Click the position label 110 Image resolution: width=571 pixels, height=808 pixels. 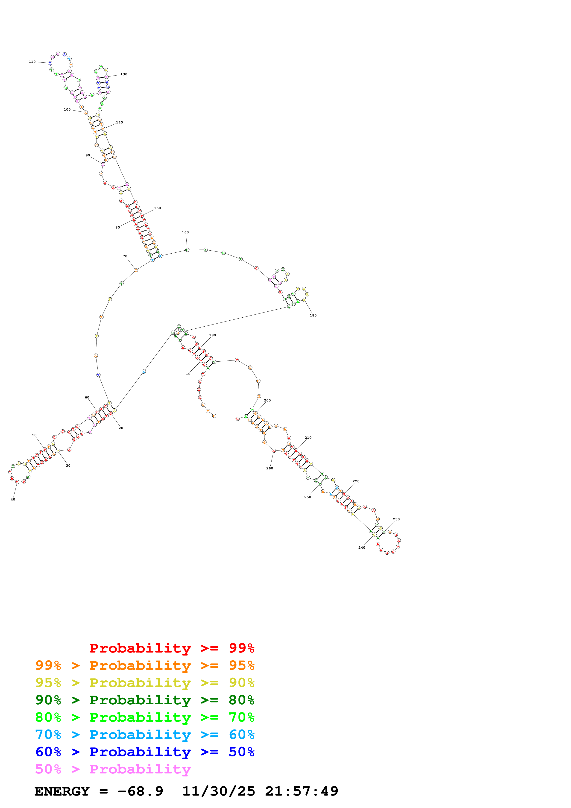(32, 62)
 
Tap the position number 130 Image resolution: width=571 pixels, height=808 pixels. (124, 74)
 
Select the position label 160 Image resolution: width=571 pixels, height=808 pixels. (185, 232)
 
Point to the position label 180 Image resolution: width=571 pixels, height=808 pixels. (313, 315)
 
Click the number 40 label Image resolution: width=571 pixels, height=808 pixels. (13, 499)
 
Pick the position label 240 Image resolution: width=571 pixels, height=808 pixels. (362, 547)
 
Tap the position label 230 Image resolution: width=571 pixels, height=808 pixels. (396, 519)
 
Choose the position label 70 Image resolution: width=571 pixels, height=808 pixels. (125, 256)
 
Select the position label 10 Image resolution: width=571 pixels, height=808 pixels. (188, 374)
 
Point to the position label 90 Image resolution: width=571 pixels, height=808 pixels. (88, 155)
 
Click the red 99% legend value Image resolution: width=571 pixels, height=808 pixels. (241, 648)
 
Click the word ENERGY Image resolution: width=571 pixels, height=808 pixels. (62, 791)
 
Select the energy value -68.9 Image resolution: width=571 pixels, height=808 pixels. (140, 791)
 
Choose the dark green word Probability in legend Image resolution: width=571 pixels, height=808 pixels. (140, 700)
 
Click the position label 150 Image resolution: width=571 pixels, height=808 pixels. (157, 208)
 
